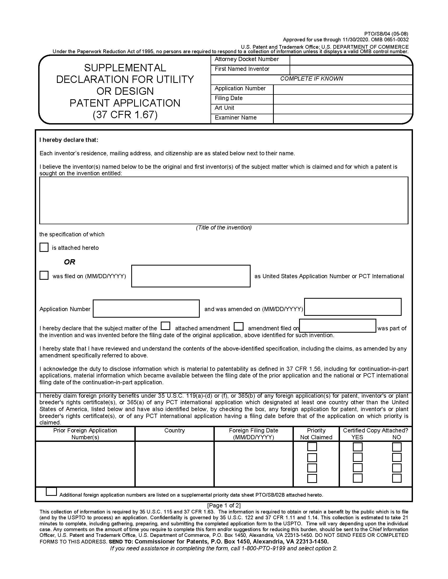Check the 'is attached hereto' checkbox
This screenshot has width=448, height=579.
pos(44,247)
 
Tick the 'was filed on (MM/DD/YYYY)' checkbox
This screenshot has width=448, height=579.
pos(44,275)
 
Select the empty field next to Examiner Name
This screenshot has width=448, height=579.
pos(342,118)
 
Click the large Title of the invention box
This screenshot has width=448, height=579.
pos(223,201)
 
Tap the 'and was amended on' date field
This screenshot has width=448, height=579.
pos(352,307)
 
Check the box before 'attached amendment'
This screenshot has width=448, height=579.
pos(165,326)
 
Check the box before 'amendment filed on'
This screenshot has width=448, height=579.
pos(238,326)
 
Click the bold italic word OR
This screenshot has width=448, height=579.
pos(70,262)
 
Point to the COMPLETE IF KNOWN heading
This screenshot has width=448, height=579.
pos(311,79)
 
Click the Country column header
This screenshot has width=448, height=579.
pos(174,430)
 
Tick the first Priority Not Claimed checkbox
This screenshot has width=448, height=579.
pos(312,447)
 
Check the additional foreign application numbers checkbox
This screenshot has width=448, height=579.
pos(51,492)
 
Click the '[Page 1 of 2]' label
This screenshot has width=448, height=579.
pos(224,505)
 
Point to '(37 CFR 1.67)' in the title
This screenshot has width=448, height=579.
pos(125,114)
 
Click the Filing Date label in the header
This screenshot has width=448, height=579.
pos(228,98)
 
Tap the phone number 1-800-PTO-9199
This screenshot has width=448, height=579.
pos(263,548)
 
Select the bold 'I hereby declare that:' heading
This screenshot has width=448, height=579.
pos(69,140)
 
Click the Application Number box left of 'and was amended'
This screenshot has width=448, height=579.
pos(146,308)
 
